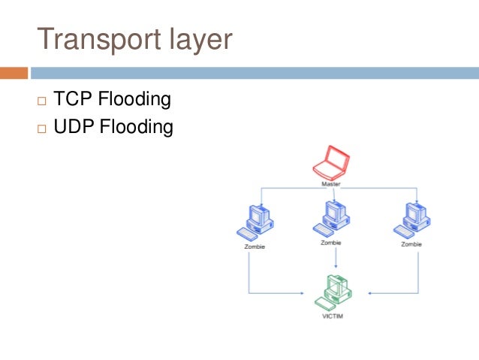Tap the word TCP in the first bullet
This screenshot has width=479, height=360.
pyautogui.click(x=71, y=99)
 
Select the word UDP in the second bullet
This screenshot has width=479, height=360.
pyautogui.click(x=73, y=126)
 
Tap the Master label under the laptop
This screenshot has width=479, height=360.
pyautogui.click(x=331, y=184)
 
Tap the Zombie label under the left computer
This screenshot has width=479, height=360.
pyautogui.click(x=255, y=246)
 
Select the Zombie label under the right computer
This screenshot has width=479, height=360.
pyautogui.click(x=411, y=244)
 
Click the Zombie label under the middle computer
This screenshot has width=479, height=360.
pyautogui.click(x=331, y=243)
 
